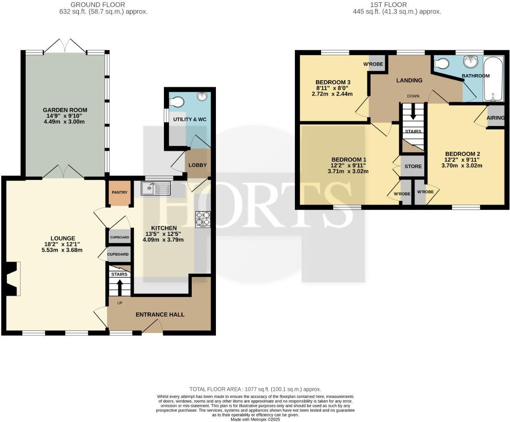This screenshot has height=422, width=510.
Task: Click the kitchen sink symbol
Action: point(155,188)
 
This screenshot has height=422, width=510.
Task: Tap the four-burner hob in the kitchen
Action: point(203,219)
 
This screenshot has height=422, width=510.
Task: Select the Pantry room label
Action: point(120,192)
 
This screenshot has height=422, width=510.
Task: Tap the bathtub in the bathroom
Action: point(493,79)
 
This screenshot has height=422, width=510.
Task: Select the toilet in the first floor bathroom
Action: point(442,64)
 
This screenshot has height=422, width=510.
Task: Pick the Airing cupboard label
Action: point(495,118)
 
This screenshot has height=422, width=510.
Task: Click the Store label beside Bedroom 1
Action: point(413,166)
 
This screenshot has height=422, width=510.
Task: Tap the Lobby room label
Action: point(197,165)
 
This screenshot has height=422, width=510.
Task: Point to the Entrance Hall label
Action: point(160,314)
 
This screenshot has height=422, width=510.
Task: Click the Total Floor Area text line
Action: point(255,389)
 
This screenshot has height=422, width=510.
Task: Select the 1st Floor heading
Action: point(388,5)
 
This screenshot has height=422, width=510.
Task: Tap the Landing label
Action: point(409,80)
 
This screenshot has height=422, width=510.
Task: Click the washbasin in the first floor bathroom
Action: point(470,62)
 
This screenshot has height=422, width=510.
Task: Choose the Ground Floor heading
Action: point(97,5)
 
